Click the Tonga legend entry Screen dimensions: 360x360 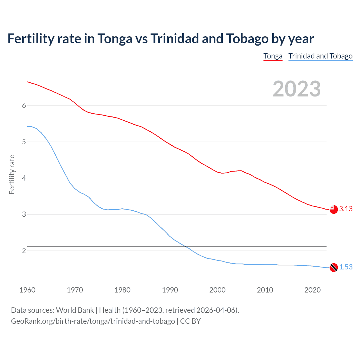coord(273,56)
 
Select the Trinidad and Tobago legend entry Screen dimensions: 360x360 coord(320,56)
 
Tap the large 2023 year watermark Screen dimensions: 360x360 coord(296,89)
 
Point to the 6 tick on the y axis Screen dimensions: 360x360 coord(24,105)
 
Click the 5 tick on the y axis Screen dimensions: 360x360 coord(24,142)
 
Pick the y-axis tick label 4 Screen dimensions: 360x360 coord(24,178)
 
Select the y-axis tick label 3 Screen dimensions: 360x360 coord(24,214)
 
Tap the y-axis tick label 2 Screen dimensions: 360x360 coord(24,251)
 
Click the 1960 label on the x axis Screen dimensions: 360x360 coord(27,290)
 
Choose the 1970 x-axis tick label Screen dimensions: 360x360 coord(75,290)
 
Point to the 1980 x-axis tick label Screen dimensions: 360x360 coord(122,290)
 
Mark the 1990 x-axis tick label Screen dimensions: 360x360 coord(170,290)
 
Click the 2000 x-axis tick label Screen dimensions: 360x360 coord(217,290)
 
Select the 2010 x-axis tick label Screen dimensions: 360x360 coord(265,290)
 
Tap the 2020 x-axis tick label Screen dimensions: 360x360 coord(312,290)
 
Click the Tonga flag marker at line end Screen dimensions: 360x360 coord(334,209)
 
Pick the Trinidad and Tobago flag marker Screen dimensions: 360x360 coord(334,267)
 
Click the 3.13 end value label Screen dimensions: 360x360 coord(346,209)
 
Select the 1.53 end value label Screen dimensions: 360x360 coord(346,267)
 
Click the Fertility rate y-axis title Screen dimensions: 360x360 coord(12,174)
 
